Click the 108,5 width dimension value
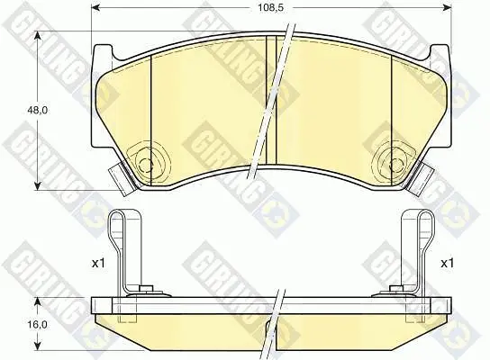click(270, 8)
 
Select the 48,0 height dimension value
click(37, 110)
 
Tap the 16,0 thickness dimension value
click(37, 325)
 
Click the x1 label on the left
click(98, 263)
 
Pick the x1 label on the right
click(447, 263)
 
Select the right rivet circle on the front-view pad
click(397, 164)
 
